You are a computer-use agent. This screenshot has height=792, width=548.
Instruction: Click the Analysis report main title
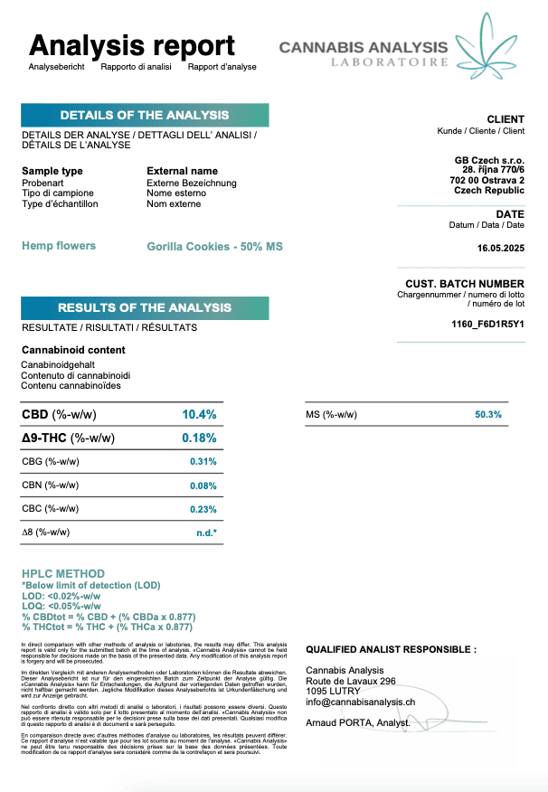coord(132,45)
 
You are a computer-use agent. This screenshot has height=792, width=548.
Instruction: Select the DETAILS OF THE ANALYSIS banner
coord(145,115)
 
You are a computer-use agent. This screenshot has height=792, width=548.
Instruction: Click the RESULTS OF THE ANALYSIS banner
coord(145,307)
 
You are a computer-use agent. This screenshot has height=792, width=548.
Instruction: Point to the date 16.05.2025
coord(500,248)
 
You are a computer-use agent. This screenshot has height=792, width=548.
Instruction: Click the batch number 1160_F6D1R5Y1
coord(487,324)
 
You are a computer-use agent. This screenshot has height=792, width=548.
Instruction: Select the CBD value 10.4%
coord(199,415)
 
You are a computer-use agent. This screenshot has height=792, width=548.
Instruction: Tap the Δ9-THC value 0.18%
coord(199,438)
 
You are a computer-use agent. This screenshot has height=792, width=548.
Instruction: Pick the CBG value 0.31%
coord(203,462)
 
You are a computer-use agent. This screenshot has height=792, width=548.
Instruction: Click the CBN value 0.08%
coord(203,486)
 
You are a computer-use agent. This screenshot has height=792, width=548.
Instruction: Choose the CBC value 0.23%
coord(203,509)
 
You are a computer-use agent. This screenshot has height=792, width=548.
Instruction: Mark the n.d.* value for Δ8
coord(206,533)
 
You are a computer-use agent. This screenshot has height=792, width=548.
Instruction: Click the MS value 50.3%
coord(488,415)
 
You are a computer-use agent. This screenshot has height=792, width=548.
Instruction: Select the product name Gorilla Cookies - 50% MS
coord(214,247)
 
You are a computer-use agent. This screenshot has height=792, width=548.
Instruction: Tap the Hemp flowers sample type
coord(59,246)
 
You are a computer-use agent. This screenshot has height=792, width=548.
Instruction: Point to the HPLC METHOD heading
coord(63,573)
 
